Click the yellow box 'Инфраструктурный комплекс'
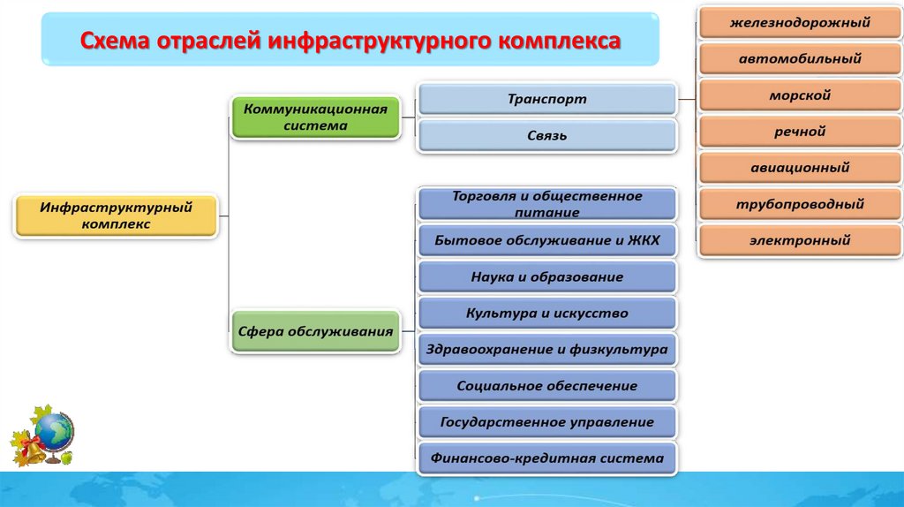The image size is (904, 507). [116, 216]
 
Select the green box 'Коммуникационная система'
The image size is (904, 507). [315, 117]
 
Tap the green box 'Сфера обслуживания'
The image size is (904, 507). [315, 332]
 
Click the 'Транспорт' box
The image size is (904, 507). [547, 99]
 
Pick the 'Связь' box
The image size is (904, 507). [547, 136]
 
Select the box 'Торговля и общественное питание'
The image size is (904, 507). [547, 204]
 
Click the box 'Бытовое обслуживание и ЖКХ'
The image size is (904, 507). [547, 240]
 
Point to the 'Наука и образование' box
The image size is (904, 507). [547, 276]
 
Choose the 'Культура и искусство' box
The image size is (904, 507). [547, 313]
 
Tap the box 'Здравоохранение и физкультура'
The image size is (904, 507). [547, 350]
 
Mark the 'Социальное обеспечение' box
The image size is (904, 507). [547, 386]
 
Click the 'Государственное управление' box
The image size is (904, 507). [547, 422]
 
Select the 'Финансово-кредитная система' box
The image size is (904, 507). [547, 458]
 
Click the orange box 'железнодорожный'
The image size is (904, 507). [800, 23]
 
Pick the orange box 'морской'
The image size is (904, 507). [800, 95]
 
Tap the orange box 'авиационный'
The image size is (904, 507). [800, 167]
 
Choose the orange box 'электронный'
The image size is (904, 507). [800, 239]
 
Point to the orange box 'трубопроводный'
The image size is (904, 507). [800, 204]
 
